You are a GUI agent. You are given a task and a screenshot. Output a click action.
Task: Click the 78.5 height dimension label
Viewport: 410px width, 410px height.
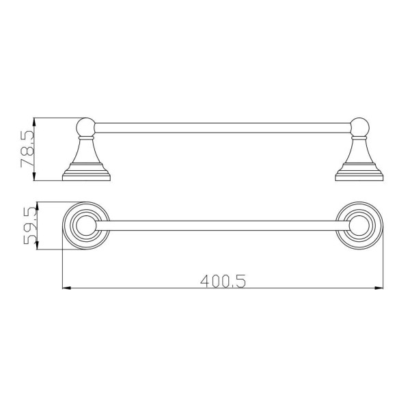pos(27,149)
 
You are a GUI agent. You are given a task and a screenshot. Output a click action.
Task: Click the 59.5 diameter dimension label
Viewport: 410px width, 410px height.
pos(30,225)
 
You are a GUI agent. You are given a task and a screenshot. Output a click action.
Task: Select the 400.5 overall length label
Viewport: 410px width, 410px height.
pos(223,281)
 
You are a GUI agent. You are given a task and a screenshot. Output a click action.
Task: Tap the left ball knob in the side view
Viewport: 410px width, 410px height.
pos(85,127)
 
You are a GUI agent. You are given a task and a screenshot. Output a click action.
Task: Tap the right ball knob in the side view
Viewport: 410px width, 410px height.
pos(359,127)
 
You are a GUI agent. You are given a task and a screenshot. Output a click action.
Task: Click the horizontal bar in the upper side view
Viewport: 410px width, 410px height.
pos(223,128)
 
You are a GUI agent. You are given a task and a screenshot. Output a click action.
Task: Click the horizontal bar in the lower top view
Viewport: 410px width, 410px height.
pos(223,225)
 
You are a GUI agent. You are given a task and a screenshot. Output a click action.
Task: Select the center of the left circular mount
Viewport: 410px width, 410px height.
pos(86,225)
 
